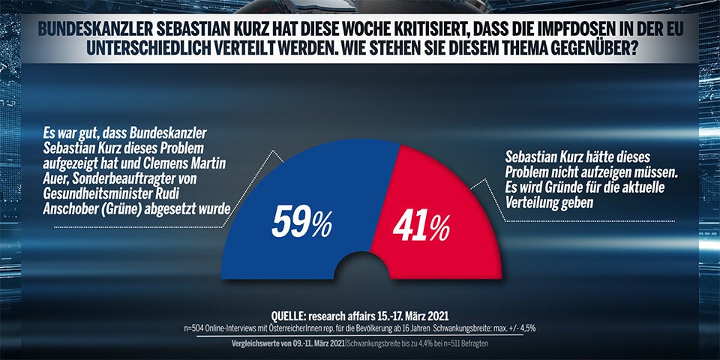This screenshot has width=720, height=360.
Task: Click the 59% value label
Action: [x=292, y=222]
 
